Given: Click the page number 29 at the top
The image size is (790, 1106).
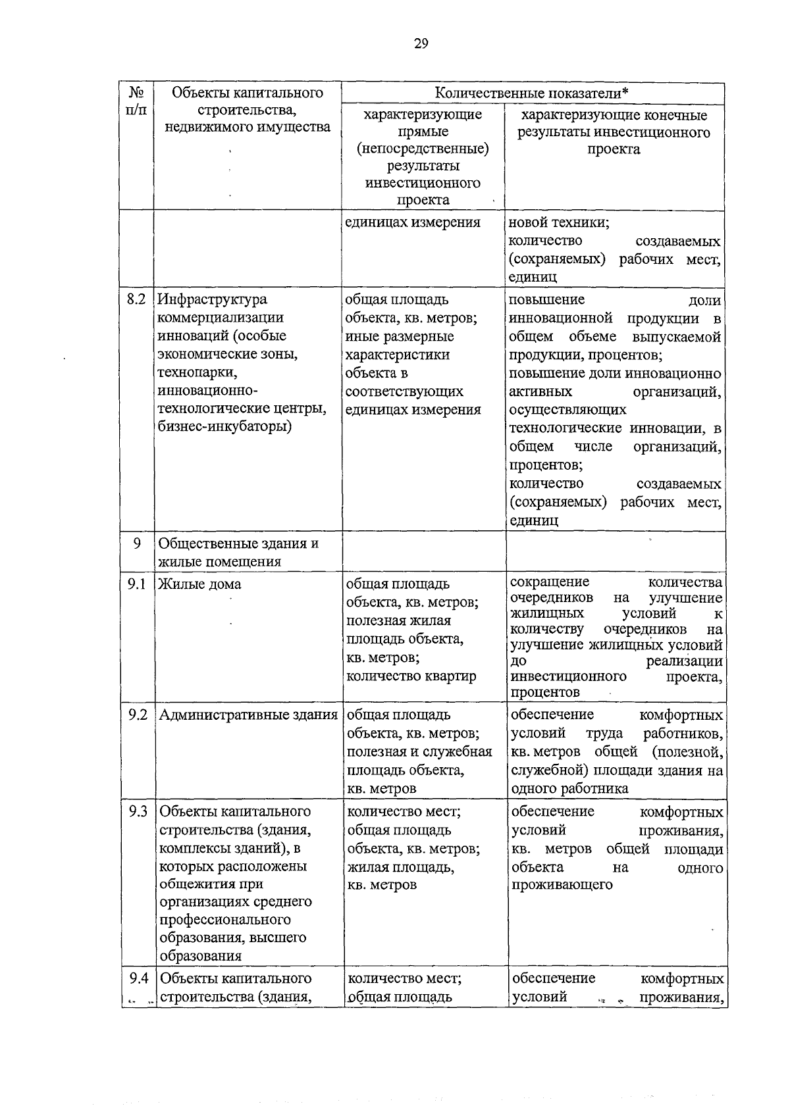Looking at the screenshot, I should tap(421, 44).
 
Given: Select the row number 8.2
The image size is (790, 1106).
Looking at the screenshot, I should tap(136, 299).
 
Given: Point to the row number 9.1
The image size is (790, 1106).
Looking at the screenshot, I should tap(136, 584).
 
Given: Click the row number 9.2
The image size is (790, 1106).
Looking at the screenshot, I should tap(137, 715).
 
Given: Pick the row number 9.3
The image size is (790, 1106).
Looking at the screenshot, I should tap(137, 811).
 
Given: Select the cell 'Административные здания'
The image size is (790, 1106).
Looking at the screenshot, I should tap(248, 715).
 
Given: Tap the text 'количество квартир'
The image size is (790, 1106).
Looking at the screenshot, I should tap(411, 676).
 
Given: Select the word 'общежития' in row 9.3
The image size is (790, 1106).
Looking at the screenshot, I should tap(196, 884).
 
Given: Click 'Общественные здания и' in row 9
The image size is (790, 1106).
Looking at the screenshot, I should tap(239, 543).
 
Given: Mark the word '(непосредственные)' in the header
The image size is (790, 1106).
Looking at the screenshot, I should tap(423, 149).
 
